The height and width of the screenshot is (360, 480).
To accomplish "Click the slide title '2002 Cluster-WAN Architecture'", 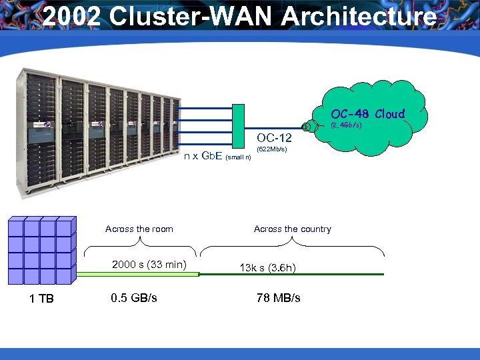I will (240, 17).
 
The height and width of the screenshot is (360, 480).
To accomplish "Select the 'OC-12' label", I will (274, 138).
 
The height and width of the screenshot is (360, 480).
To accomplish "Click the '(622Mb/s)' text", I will (271, 149).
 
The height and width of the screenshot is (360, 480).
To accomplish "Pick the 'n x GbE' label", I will (203, 157).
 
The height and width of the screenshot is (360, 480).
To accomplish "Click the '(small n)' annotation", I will (238, 158).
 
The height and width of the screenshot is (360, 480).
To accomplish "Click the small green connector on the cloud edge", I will (305, 126).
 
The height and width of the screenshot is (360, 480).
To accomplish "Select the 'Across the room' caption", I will (139, 229).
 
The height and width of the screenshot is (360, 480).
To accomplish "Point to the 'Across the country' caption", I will (292, 229).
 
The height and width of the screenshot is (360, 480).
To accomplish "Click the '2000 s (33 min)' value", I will (149, 265).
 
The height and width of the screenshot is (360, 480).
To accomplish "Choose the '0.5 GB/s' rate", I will (134, 297).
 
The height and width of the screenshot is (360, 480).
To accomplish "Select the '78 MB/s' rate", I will (278, 297).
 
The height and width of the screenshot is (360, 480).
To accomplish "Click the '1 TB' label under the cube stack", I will (41, 298).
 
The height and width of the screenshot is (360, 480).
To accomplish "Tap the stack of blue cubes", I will (40, 250).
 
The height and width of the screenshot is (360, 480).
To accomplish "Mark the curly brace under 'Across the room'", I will (141, 251).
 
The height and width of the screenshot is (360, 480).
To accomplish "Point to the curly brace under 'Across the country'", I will (292, 251).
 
